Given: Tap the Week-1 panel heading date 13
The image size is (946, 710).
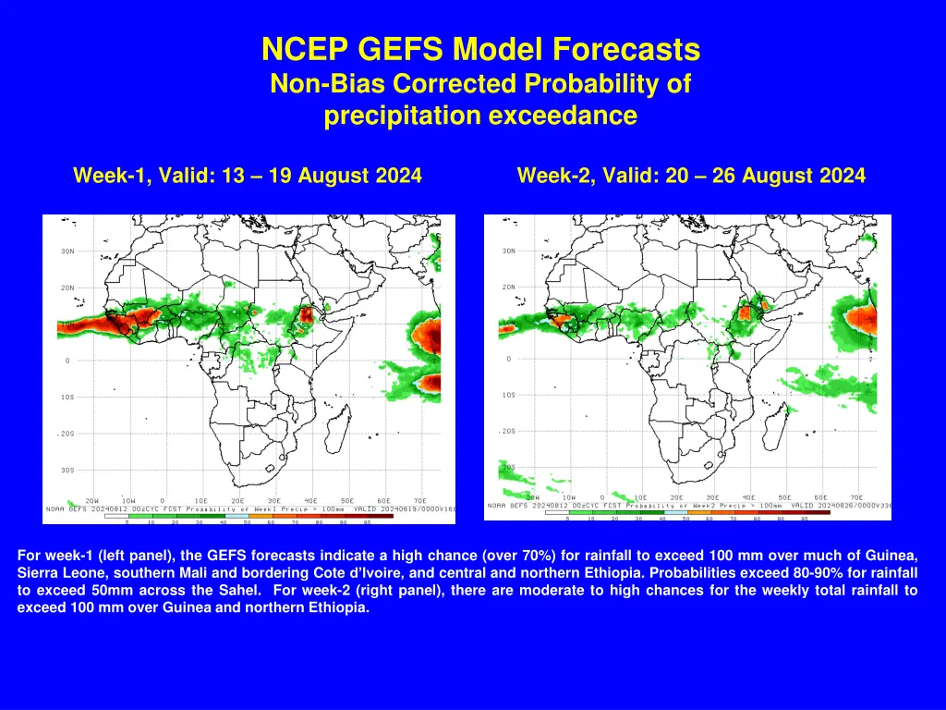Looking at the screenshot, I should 233,175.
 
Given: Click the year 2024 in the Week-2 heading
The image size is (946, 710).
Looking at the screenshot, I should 835,175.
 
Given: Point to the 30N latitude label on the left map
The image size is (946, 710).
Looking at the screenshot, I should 68,251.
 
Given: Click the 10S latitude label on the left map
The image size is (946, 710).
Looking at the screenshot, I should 68,397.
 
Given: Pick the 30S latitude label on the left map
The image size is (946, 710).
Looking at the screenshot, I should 68,470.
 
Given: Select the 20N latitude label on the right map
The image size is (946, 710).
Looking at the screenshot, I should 509,287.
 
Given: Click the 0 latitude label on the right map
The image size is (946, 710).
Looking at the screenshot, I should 507,359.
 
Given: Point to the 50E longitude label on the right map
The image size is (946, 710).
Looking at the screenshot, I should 784,497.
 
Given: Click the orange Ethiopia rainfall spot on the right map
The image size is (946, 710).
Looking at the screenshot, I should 744,315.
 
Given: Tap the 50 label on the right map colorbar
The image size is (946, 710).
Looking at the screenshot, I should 685,519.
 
